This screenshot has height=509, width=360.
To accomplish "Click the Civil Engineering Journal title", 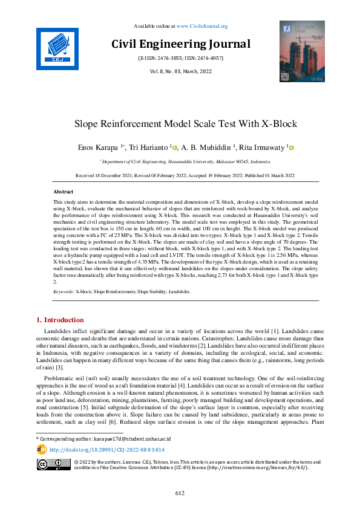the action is (x=180, y=44).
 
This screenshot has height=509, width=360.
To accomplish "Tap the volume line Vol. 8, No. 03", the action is (x=180, y=71).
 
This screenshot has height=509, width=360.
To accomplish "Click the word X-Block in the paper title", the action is (x=279, y=125).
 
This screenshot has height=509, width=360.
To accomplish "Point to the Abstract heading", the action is (x=64, y=192).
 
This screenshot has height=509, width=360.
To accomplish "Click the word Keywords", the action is (x=63, y=291).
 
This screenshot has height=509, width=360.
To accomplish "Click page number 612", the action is (x=180, y=493).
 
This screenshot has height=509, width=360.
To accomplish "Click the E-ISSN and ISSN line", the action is (x=180, y=59).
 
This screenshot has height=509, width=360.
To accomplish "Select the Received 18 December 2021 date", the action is (x=106, y=175).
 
